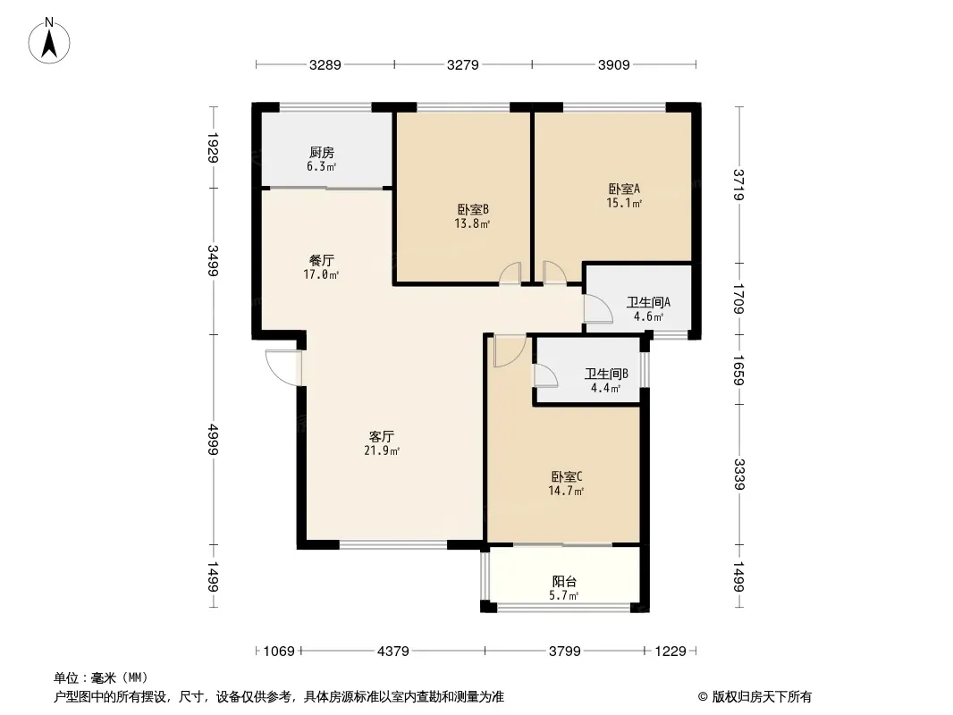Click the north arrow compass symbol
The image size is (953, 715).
click(x=49, y=41)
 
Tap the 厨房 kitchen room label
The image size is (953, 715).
click(x=322, y=153)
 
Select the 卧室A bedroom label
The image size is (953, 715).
click(x=624, y=189)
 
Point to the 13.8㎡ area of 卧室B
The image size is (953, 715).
click(x=472, y=223)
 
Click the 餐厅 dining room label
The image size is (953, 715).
click(x=322, y=261)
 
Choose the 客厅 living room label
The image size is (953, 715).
click(x=382, y=437)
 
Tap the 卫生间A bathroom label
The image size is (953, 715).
click(x=648, y=302)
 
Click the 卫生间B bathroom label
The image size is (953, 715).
click(x=606, y=374)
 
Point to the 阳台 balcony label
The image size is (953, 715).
click(x=564, y=581)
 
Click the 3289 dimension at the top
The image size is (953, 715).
click(x=325, y=64)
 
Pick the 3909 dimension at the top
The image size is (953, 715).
click(x=614, y=64)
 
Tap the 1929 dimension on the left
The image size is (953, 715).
click(x=213, y=147)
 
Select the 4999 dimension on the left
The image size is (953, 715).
click(x=213, y=439)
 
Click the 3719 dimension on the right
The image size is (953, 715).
click(x=738, y=184)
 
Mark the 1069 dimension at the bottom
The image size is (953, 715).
click(x=279, y=652)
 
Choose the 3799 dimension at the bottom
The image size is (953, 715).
click(x=565, y=652)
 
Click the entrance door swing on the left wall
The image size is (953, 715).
click(x=283, y=367)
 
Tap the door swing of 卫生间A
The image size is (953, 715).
click(x=598, y=308)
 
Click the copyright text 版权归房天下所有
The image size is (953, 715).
click(x=762, y=697)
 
